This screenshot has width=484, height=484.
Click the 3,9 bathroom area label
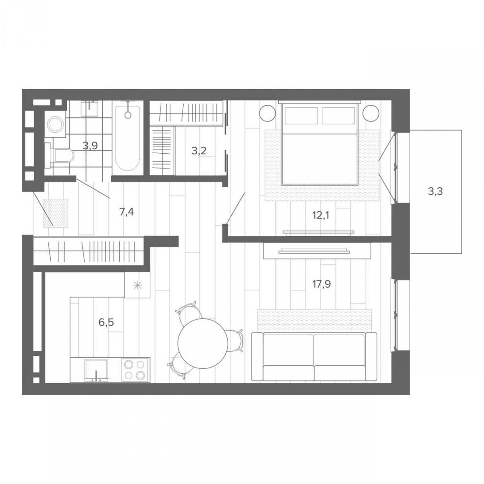(x=90, y=145)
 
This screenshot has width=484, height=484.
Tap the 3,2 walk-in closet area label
(x=199, y=151)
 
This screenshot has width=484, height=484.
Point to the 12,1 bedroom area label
(x=321, y=215)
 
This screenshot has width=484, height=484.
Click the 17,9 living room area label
(x=321, y=284)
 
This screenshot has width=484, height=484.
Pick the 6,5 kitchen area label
(x=106, y=322)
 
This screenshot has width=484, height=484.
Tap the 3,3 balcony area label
(x=435, y=191)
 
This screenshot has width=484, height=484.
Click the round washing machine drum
(x=56, y=124)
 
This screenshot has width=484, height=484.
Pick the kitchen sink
(x=96, y=369)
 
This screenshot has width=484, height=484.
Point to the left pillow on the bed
(x=302, y=115)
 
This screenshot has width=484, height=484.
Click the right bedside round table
(x=371, y=113)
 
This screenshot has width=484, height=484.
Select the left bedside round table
(x=267, y=113)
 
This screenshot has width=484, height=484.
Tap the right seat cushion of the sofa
(x=340, y=373)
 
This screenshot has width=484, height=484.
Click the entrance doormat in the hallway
(x=56, y=213)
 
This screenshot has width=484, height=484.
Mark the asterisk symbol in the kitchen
(x=137, y=285)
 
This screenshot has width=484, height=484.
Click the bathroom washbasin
(x=90, y=108)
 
